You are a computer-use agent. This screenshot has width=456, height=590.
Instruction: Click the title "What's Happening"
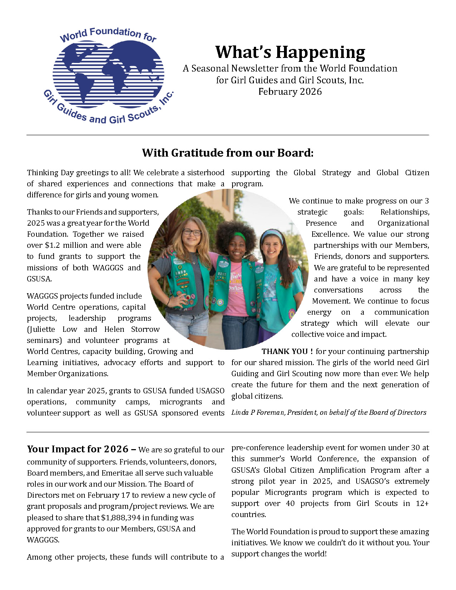[x=290, y=52]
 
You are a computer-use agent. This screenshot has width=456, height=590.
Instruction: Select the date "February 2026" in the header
[x=290, y=92]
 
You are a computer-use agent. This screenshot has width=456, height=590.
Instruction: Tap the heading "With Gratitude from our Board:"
[x=227, y=153]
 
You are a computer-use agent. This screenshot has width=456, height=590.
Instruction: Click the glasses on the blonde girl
[x=192, y=232]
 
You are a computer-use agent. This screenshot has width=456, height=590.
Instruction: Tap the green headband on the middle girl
[x=240, y=236]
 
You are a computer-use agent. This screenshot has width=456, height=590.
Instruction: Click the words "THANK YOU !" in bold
[x=287, y=351]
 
